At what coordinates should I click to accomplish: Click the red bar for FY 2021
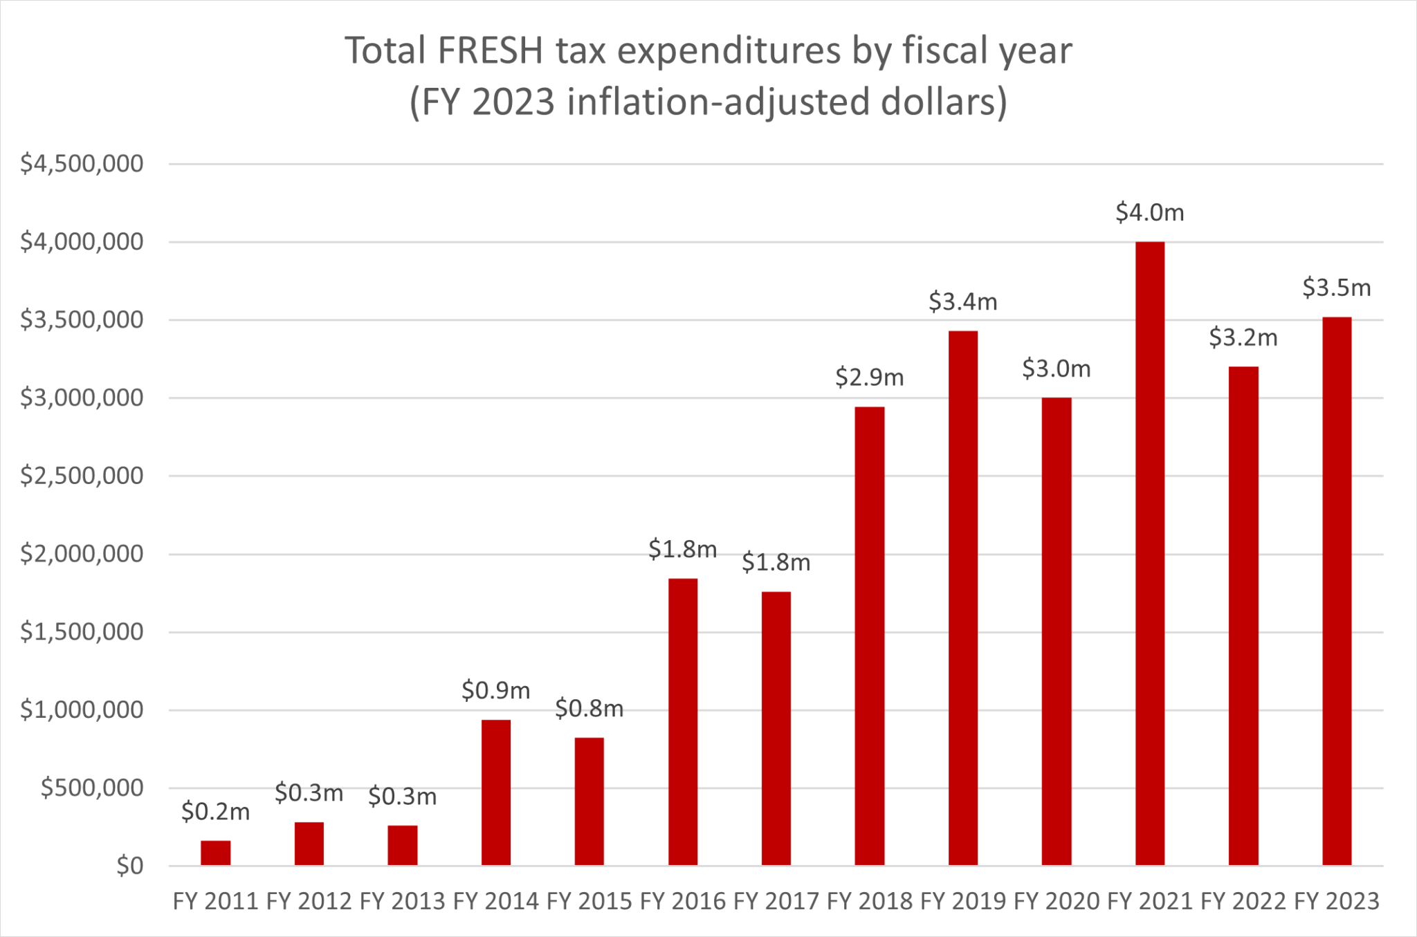tap(1149, 553)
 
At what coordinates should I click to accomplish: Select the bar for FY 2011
tap(215, 853)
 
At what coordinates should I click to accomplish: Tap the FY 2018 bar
tap(869, 636)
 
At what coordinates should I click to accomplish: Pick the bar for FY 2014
tap(495, 792)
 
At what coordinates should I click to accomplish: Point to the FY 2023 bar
tap(1336, 591)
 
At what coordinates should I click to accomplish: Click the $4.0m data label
tap(1149, 212)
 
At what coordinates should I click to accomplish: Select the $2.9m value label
tap(869, 378)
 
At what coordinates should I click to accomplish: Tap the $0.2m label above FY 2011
tap(215, 812)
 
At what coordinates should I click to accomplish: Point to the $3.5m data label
tap(1336, 288)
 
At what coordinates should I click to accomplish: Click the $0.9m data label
tap(495, 690)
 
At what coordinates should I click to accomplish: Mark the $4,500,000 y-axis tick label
tap(82, 164)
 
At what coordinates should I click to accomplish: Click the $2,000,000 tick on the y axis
tap(82, 554)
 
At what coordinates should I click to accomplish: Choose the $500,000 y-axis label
tap(92, 788)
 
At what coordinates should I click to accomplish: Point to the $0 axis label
tap(129, 866)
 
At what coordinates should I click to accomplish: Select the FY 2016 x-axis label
tap(682, 902)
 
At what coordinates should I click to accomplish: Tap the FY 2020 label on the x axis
tap(1056, 902)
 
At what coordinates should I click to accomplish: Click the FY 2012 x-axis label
tap(309, 902)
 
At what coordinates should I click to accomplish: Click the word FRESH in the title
tap(491, 50)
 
